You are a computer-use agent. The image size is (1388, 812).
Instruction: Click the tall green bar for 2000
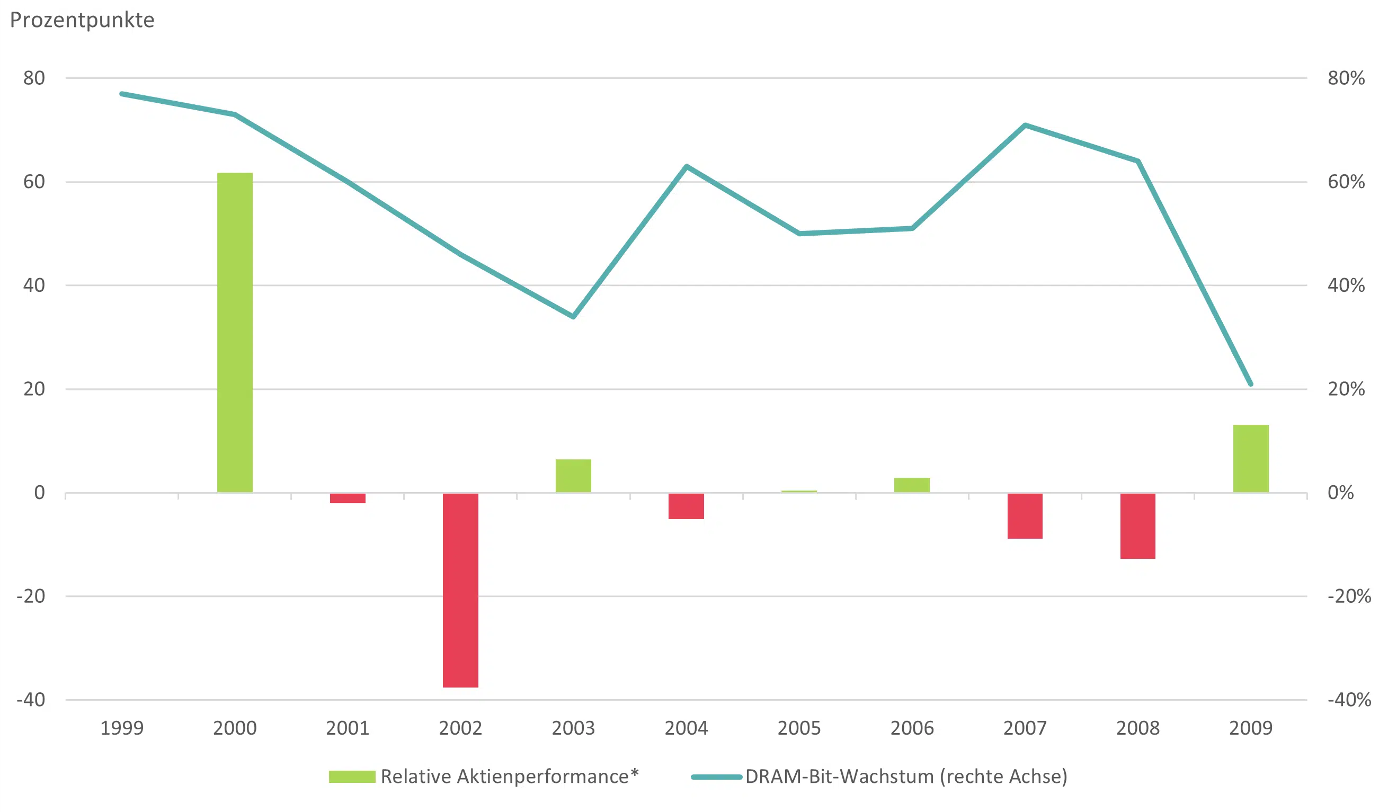coord(235,333)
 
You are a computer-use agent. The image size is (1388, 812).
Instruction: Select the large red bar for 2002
coord(460,590)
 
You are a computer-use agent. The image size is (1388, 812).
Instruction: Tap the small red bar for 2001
coord(348,498)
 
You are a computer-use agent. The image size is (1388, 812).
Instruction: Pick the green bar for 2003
coord(573,476)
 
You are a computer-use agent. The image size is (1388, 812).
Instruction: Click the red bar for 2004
coord(686,506)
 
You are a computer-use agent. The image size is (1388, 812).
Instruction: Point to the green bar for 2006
coord(912,485)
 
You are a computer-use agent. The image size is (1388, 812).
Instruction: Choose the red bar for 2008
coord(1138,526)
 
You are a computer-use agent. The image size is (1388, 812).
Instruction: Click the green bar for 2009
coord(1251,459)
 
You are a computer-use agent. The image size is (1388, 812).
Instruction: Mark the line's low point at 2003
coord(573,317)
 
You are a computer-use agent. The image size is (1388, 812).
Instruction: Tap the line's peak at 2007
coord(1025,126)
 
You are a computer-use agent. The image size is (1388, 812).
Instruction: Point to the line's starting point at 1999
coord(122,94)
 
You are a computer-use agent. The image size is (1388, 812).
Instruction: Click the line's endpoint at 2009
coord(1251,384)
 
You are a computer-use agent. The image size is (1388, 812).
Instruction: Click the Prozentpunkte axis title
coord(83,20)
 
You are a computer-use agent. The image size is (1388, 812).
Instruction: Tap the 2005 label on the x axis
coord(799,728)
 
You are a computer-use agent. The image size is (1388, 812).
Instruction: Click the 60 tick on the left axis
coord(34,182)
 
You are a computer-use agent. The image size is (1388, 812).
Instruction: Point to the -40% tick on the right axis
coord(1349,700)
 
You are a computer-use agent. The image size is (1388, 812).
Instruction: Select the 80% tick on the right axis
coord(1346,78)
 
